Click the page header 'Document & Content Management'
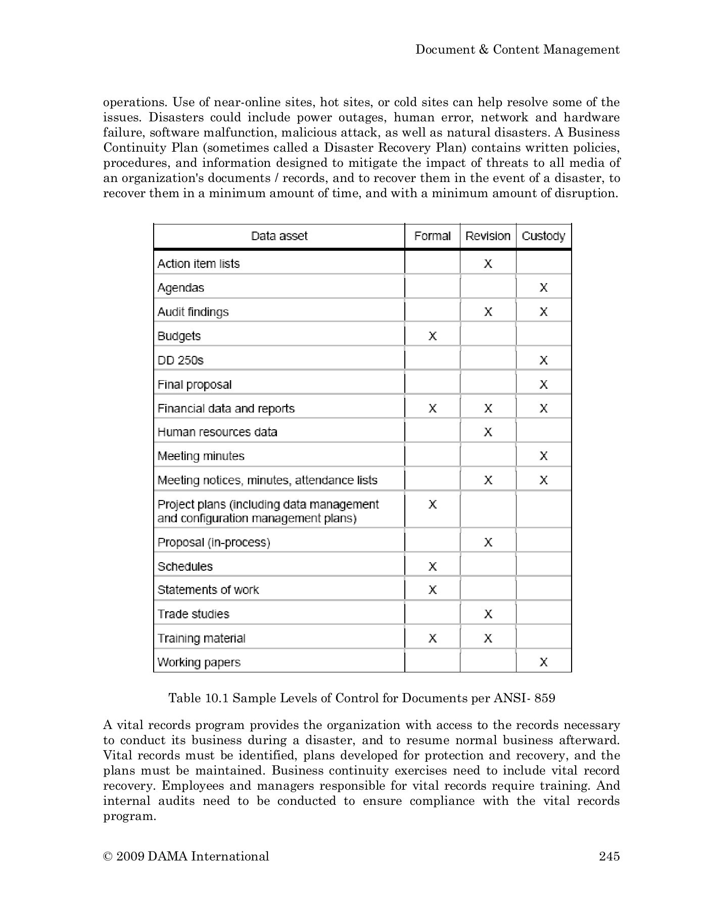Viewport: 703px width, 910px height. pyautogui.click(x=517, y=50)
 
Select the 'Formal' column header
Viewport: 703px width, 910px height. pyautogui.click(x=432, y=236)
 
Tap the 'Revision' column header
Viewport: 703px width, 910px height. pyautogui.click(x=488, y=236)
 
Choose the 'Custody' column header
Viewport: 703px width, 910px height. pyautogui.click(x=543, y=236)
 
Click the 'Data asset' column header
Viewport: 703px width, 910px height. pyautogui.click(x=279, y=236)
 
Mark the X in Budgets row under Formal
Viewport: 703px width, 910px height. pyautogui.click(x=433, y=336)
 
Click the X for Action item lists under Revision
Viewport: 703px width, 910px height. pyautogui.click(x=488, y=263)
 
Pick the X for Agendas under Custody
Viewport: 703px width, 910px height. pyautogui.click(x=543, y=288)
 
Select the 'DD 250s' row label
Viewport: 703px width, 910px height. pyautogui.click(x=180, y=360)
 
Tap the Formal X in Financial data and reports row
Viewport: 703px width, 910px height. pyautogui.click(x=433, y=408)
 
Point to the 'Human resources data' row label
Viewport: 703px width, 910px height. pyautogui.click(x=217, y=432)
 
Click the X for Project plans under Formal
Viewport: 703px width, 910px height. pyautogui.click(x=433, y=505)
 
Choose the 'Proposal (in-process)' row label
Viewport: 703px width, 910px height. pyautogui.click(x=214, y=542)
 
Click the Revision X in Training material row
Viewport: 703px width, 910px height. pyautogui.click(x=488, y=639)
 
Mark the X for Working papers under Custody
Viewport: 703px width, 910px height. pyautogui.click(x=543, y=662)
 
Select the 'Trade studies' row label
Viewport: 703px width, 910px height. pyautogui.click(x=193, y=614)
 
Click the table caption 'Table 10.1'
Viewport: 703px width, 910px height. pyautogui.click(x=361, y=698)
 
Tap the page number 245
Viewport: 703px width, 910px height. pyautogui.click(x=609, y=856)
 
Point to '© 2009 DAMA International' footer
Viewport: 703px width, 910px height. pyautogui.click(x=186, y=856)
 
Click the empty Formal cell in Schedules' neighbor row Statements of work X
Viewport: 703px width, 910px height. pyautogui.click(x=433, y=590)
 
